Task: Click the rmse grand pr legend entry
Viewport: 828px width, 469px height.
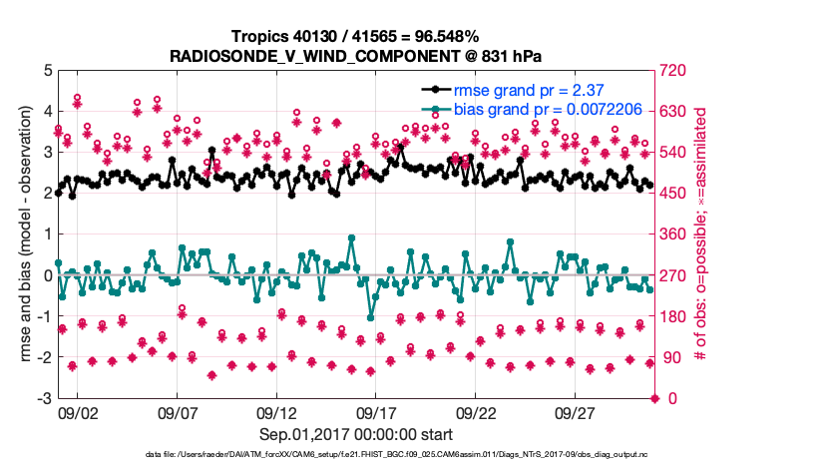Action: pyautogui.click(x=530, y=89)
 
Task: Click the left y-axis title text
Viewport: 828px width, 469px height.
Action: pyautogui.click(x=23, y=234)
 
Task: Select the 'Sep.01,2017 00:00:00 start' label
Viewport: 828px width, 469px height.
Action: pyautogui.click(x=356, y=434)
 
